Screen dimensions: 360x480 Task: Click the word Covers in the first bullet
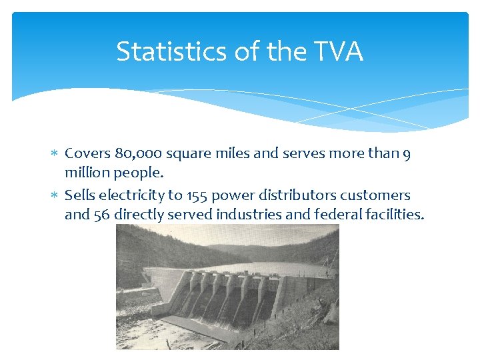(x=87, y=155)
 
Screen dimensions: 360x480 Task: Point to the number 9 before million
(x=407, y=155)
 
